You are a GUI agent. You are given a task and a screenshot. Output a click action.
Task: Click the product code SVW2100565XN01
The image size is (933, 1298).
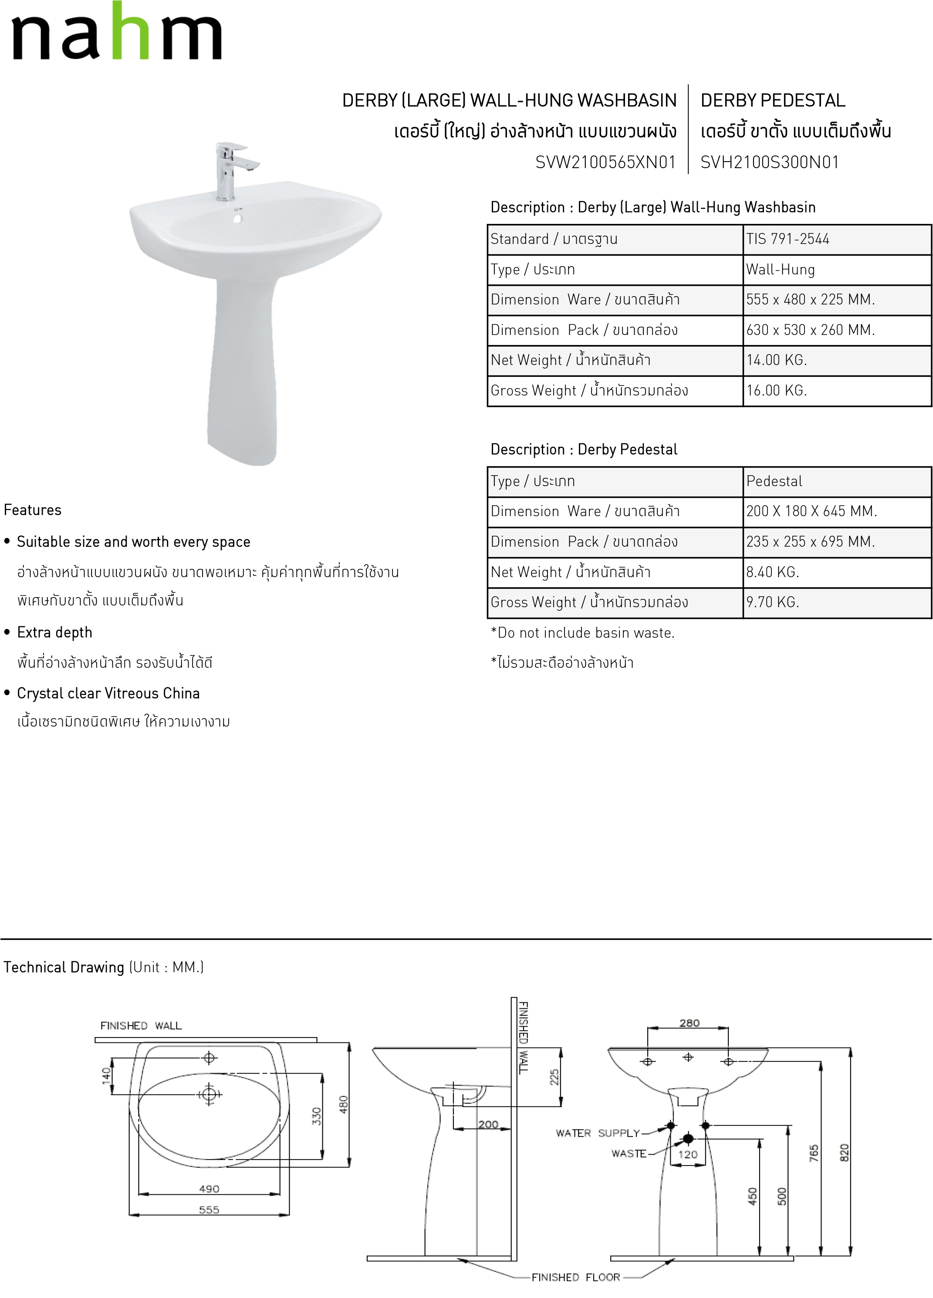tap(605, 162)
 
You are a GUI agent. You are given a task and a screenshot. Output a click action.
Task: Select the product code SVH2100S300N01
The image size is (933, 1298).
tap(770, 162)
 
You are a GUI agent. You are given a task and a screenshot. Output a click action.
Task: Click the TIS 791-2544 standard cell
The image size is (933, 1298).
tap(788, 239)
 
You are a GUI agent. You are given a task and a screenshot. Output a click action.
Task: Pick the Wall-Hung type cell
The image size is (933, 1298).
tap(780, 270)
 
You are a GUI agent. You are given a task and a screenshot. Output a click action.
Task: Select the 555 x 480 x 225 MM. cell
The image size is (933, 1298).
tap(810, 299)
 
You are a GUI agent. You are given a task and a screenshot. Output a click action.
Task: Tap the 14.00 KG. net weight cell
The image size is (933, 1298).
tap(776, 360)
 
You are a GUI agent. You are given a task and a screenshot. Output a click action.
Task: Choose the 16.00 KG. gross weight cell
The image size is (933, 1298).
tap(776, 390)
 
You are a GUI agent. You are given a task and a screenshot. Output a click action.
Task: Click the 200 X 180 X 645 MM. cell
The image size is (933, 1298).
tap(811, 511)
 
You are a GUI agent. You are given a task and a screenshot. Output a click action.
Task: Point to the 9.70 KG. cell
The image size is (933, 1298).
tap(772, 602)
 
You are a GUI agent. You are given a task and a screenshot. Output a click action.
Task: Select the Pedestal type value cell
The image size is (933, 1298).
tap(774, 481)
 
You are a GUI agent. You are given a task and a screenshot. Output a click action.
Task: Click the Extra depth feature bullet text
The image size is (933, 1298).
tap(54, 632)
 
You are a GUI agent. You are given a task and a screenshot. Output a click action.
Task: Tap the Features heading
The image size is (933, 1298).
tap(33, 510)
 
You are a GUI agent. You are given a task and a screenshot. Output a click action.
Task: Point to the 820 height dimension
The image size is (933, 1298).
tap(844, 1153)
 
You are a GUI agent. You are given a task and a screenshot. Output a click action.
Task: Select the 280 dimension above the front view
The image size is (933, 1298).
tap(689, 1023)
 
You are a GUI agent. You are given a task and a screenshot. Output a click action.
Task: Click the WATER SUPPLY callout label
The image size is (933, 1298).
tap(598, 1133)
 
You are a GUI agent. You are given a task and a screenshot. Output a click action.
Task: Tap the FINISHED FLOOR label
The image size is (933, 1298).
tap(575, 1277)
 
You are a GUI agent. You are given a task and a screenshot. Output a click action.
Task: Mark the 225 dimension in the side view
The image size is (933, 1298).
tap(554, 1077)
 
